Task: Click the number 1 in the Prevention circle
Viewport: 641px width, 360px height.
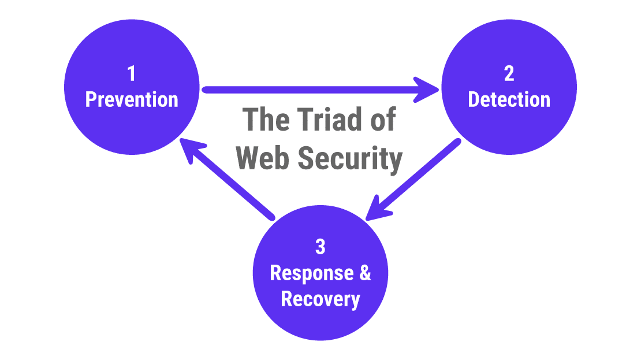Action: tap(132, 74)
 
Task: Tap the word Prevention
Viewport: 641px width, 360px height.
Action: tap(132, 99)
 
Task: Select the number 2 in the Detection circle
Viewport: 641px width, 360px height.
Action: tap(509, 74)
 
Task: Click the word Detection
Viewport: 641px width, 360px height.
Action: tap(509, 99)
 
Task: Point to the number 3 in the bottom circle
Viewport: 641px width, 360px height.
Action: tap(320, 247)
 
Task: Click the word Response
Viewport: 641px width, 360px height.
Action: tap(311, 273)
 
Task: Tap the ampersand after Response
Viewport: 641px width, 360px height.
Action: tap(365, 273)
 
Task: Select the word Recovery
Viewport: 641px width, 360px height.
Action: tap(320, 299)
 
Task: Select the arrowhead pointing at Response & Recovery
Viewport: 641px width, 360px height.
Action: tap(375, 209)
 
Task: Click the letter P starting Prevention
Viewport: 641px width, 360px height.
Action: tap(91, 99)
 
